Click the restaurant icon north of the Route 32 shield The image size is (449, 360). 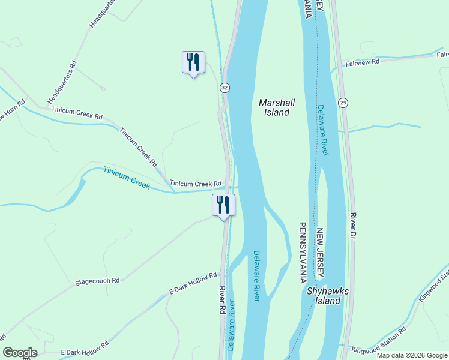(193, 62)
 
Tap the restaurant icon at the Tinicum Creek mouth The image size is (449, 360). (223, 205)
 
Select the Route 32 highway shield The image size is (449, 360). (224, 88)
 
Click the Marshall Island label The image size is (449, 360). (274, 107)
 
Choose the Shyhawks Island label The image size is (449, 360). (324, 296)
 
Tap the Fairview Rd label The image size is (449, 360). (363, 62)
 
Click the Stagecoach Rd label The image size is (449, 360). (97, 280)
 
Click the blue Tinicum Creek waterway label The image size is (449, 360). (126, 178)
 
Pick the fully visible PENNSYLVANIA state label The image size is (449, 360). (303, 252)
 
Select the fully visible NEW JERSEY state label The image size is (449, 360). (321, 252)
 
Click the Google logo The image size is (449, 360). (20, 353)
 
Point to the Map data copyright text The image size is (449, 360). (412, 355)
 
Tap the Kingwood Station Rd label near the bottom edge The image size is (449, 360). (379, 340)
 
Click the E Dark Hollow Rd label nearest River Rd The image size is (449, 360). (193, 283)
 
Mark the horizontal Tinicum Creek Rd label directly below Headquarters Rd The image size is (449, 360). (77, 110)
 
